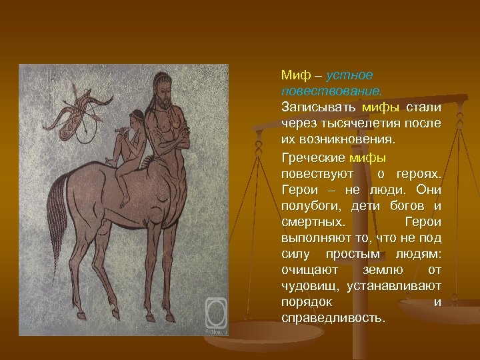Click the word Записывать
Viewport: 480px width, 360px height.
(x=318, y=107)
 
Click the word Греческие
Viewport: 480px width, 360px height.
(x=312, y=158)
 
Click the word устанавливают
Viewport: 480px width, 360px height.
(x=397, y=286)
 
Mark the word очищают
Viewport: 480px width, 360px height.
(x=309, y=270)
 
